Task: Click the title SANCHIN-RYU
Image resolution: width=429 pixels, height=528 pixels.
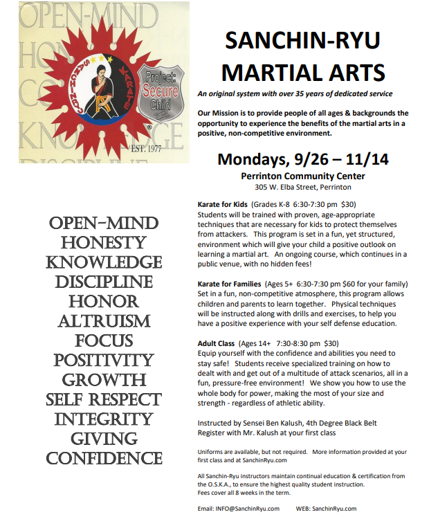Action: point(303,41)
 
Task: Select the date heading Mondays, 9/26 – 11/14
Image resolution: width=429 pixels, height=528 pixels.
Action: point(302,159)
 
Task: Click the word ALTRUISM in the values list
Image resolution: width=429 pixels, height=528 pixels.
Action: point(104,321)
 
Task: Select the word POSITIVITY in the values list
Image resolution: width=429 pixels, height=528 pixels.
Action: point(104,361)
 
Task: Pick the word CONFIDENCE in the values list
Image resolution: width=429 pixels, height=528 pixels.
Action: point(104,458)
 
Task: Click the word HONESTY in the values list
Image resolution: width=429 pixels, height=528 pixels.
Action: point(104,243)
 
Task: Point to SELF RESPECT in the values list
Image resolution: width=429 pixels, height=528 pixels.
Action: point(104,400)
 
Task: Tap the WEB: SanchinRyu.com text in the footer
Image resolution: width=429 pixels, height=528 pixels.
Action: point(326,509)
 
